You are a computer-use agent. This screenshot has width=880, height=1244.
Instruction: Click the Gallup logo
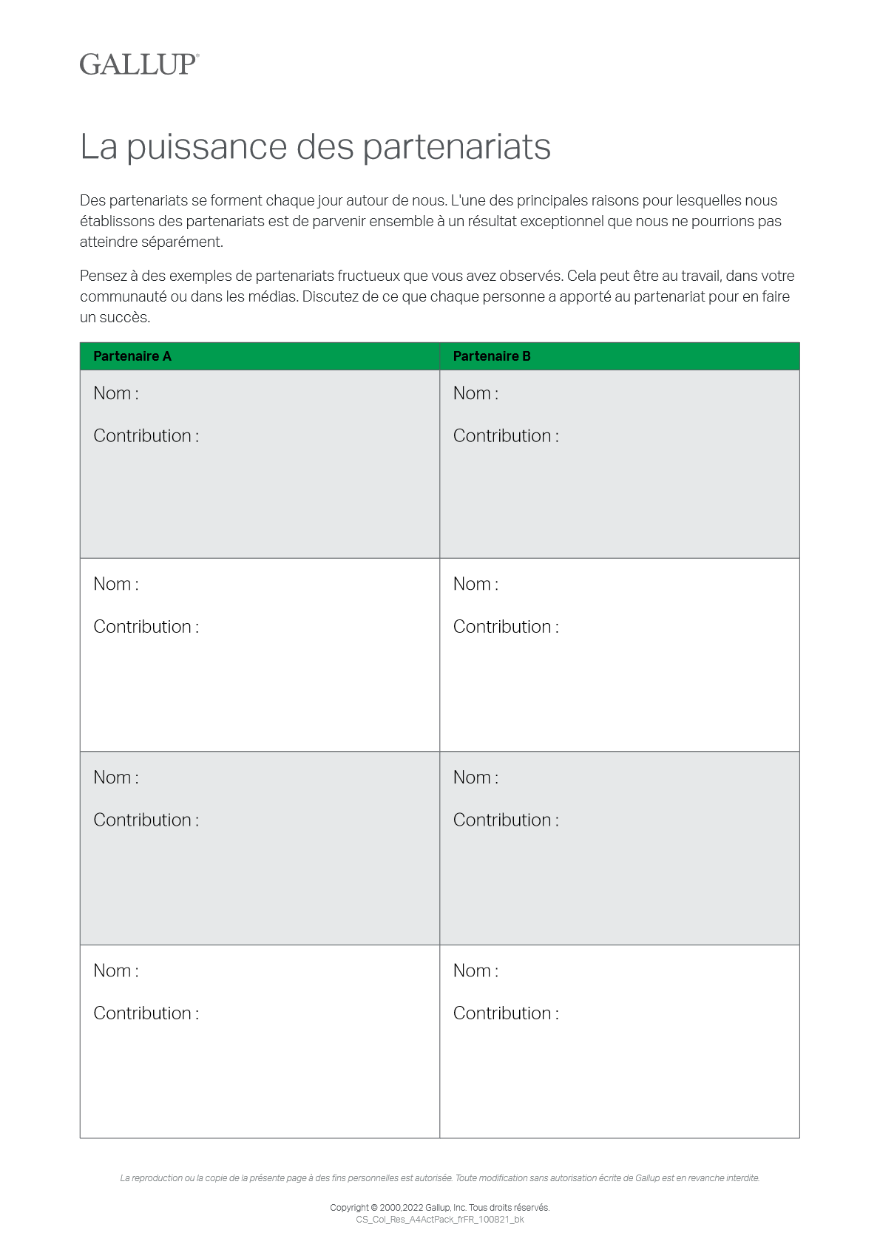click(139, 64)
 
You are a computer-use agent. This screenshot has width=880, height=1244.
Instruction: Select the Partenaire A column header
click(132, 356)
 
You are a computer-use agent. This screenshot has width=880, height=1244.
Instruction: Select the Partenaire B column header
click(492, 356)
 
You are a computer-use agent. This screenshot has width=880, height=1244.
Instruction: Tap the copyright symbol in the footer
click(374, 1208)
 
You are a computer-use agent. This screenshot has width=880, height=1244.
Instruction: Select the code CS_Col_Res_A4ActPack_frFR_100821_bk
click(440, 1220)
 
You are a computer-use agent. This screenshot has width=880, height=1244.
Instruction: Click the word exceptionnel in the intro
click(562, 222)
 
